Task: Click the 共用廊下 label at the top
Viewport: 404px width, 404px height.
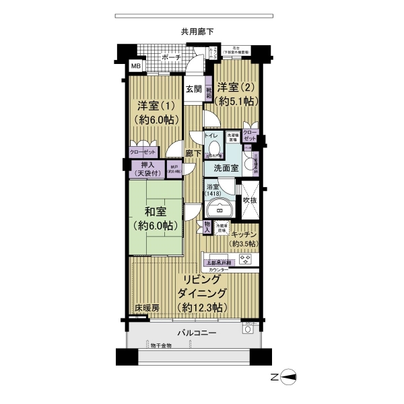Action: click(x=197, y=30)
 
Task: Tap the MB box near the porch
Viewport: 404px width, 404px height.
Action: click(x=135, y=66)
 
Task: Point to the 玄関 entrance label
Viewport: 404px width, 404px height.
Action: click(x=194, y=89)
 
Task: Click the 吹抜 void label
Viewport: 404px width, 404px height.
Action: click(x=249, y=200)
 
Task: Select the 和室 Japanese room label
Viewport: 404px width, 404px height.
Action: click(x=155, y=218)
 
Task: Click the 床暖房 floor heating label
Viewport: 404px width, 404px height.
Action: click(x=146, y=308)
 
